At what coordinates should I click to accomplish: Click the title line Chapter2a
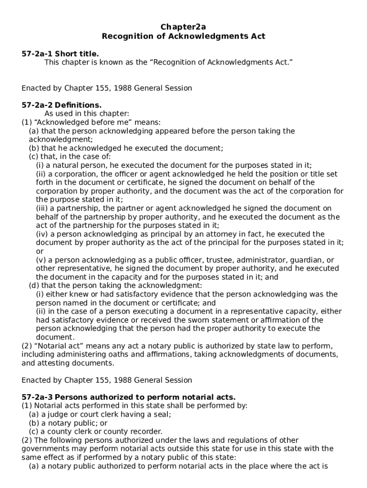click(183, 27)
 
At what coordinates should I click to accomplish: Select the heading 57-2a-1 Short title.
click(60, 53)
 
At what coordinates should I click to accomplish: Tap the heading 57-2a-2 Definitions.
click(61, 105)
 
